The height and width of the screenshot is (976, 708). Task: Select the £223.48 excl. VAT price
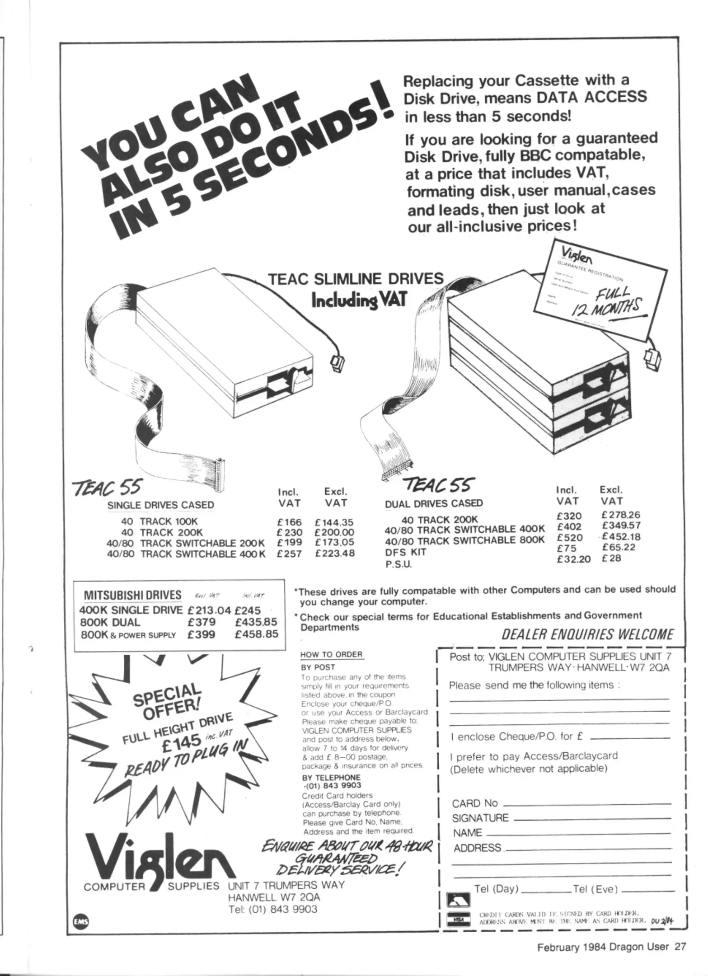(x=335, y=554)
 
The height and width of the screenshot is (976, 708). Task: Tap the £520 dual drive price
(x=570, y=538)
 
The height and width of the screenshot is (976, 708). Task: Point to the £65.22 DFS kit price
(x=619, y=547)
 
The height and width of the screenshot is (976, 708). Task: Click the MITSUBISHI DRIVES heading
(x=133, y=595)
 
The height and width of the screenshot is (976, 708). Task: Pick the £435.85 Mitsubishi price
(x=256, y=622)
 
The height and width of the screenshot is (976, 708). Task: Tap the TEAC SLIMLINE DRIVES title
(x=356, y=278)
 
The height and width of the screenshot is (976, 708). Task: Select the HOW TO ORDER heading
(x=331, y=654)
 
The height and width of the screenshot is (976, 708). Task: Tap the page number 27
(x=680, y=947)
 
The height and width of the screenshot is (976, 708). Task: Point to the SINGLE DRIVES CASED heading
(x=160, y=505)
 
